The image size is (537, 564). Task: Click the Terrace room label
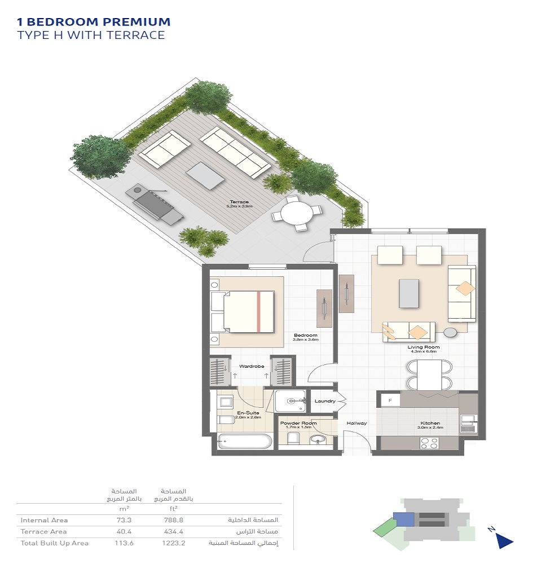click(x=239, y=202)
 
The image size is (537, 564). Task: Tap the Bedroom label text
click(x=306, y=335)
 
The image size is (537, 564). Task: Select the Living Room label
click(x=423, y=347)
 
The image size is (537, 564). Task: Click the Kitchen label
click(x=430, y=423)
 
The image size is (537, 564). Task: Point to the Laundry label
click(x=325, y=401)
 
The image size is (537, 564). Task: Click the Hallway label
click(x=356, y=423)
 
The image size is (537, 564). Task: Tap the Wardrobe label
click(x=252, y=366)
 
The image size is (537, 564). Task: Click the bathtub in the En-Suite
click(x=245, y=441)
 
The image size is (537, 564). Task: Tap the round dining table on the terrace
click(x=296, y=214)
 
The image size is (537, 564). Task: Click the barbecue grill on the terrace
click(x=156, y=203)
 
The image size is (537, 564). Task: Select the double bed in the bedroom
click(x=248, y=311)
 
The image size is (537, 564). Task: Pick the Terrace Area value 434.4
click(x=178, y=531)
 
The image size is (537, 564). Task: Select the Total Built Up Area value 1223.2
click(x=177, y=543)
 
